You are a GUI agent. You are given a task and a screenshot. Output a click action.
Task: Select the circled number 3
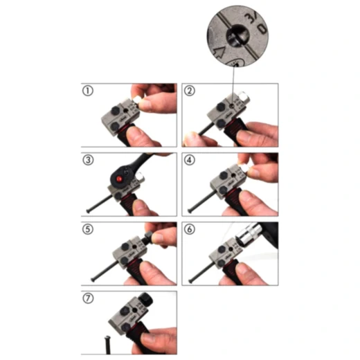(88, 161)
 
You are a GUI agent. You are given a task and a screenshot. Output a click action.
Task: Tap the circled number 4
(190, 161)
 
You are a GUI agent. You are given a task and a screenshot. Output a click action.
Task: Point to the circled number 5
(88, 229)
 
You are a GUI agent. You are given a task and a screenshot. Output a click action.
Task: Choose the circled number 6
(190, 229)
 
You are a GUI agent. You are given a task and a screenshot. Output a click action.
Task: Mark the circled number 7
(88, 298)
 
